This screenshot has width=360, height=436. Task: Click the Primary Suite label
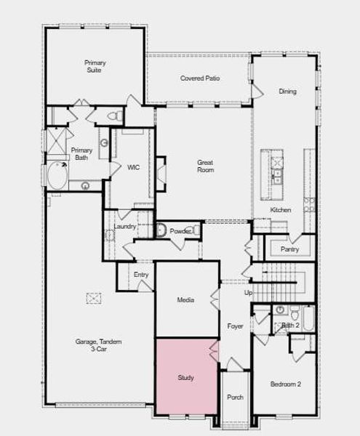pos(95,67)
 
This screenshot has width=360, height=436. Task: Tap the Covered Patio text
pos(200,78)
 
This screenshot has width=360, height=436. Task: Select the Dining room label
pos(287,92)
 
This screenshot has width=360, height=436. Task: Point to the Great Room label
pos(205,166)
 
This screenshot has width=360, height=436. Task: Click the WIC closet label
pos(133,167)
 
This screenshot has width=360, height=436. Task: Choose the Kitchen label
pos(281,210)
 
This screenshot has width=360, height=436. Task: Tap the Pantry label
pos(289,249)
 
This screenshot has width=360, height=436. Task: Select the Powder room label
pos(180,231)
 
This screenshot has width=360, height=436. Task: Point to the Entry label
pos(141,274)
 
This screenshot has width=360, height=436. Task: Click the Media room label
pos(185,300)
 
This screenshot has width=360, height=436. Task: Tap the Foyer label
pos(235,326)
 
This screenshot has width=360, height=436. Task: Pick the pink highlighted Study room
pos(186,377)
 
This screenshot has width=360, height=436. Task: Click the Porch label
pos(235,397)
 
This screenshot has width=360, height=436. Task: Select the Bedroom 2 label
pos(286,384)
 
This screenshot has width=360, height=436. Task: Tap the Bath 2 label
pos(290,326)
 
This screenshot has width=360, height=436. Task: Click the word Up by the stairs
pos(248,293)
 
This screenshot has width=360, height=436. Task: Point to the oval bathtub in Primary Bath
pos(57,174)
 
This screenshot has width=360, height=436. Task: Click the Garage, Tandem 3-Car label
pos(98,345)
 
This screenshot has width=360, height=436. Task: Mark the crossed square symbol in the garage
pos(94,298)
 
